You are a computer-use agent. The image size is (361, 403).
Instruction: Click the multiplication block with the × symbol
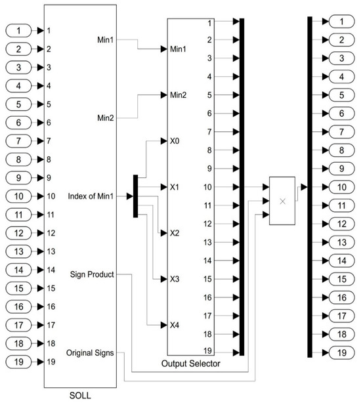click(283, 201)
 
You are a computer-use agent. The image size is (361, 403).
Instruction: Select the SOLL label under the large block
click(79, 396)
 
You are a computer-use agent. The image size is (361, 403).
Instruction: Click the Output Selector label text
click(190, 363)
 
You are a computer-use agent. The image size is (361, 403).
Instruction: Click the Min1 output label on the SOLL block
click(105, 41)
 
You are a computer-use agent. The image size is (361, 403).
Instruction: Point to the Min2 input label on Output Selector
click(178, 95)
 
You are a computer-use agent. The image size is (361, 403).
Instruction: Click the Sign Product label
click(93, 273)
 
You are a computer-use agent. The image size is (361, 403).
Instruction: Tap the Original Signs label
click(91, 352)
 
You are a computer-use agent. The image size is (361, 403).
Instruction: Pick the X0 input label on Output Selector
click(174, 140)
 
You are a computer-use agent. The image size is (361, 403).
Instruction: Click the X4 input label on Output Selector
click(174, 325)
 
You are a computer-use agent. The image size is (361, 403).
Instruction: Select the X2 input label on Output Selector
click(174, 233)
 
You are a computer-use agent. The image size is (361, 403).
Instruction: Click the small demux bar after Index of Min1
click(135, 196)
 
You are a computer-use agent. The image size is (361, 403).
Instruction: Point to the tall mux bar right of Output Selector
click(242, 187)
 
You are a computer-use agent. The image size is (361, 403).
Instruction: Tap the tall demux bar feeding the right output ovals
click(308, 187)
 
